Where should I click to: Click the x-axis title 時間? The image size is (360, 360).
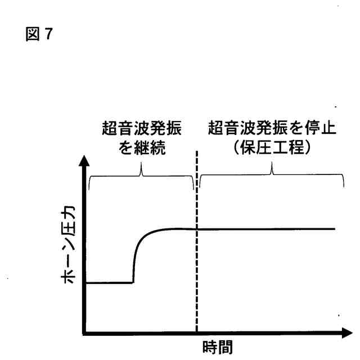[x=217, y=347]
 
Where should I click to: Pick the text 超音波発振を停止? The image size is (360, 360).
[x=272, y=128]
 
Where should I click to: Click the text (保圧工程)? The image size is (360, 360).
[x=272, y=149]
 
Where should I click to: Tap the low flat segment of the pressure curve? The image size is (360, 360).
[x=110, y=282]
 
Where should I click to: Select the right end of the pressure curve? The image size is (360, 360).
[x=334, y=229]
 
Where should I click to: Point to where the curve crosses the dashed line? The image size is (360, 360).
[x=197, y=229]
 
